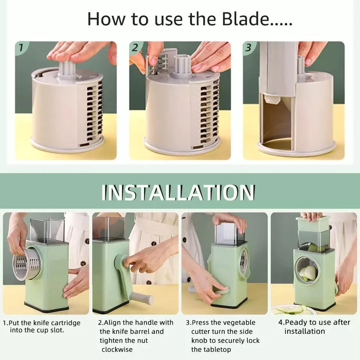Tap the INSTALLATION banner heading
pos(178,192)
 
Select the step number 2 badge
pos(136,48)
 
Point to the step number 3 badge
pos(249,48)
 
